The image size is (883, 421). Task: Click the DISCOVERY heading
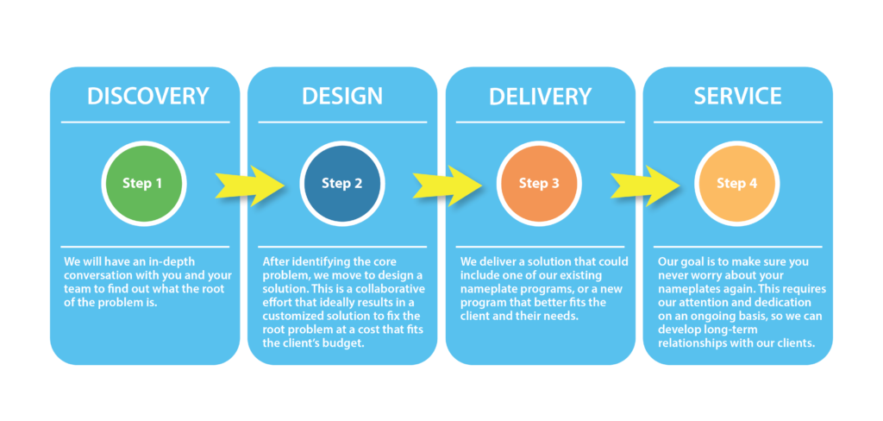[x=147, y=96]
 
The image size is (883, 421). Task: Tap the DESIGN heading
[x=342, y=96]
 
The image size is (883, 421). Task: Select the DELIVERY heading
[x=540, y=96]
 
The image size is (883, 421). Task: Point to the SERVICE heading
[x=737, y=96]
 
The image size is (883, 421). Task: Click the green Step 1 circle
[x=143, y=184]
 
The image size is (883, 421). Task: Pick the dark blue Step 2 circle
[x=341, y=184]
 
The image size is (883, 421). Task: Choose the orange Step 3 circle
[x=539, y=184]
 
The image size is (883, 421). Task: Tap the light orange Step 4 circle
[x=736, y=184]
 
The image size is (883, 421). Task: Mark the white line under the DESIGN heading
[x=342, y=122]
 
